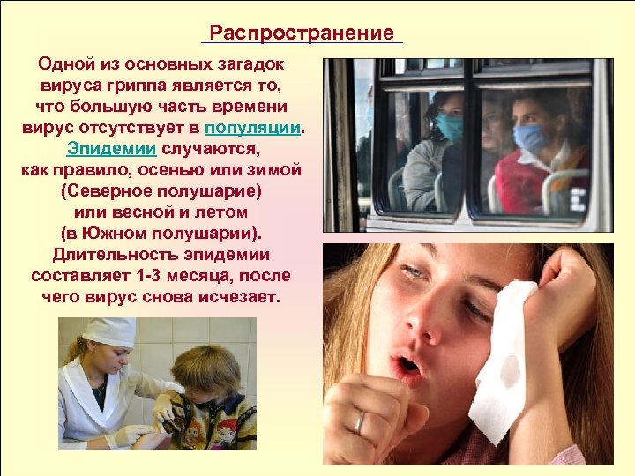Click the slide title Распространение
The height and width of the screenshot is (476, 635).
pos(302,33)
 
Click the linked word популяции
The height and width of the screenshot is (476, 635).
pos(263,128)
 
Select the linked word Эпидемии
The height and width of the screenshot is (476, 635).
pos(111,148)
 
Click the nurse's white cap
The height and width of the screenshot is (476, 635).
pos(108,331)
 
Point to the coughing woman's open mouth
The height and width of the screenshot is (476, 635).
pos(408,364)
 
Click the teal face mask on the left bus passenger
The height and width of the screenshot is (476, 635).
pos(450,128)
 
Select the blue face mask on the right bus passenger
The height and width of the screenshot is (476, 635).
pos(531,138)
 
